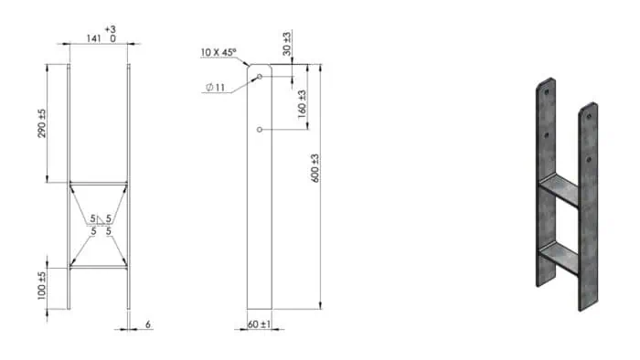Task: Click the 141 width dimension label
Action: pyautogui.click(x=93, y=38)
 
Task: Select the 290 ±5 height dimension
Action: pyautogui.click(x=42, y=123)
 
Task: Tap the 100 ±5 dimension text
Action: pyautogui.click(x=42, y=286)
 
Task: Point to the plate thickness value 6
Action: pyautogui.click(x=148, y=324)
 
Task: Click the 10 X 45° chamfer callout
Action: pyautogui.click(x=219, y=52)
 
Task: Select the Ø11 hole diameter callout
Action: pyautogui.click(x=215, y=87)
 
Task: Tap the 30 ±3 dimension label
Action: pyautogui.click(x=287, y=44)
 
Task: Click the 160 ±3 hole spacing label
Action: pyautogui.click(x=302, y=104)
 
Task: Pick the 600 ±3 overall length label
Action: pyautogui.click(x=315, y=168)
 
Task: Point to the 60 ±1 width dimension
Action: pyautogui.click(x=259, y=324)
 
